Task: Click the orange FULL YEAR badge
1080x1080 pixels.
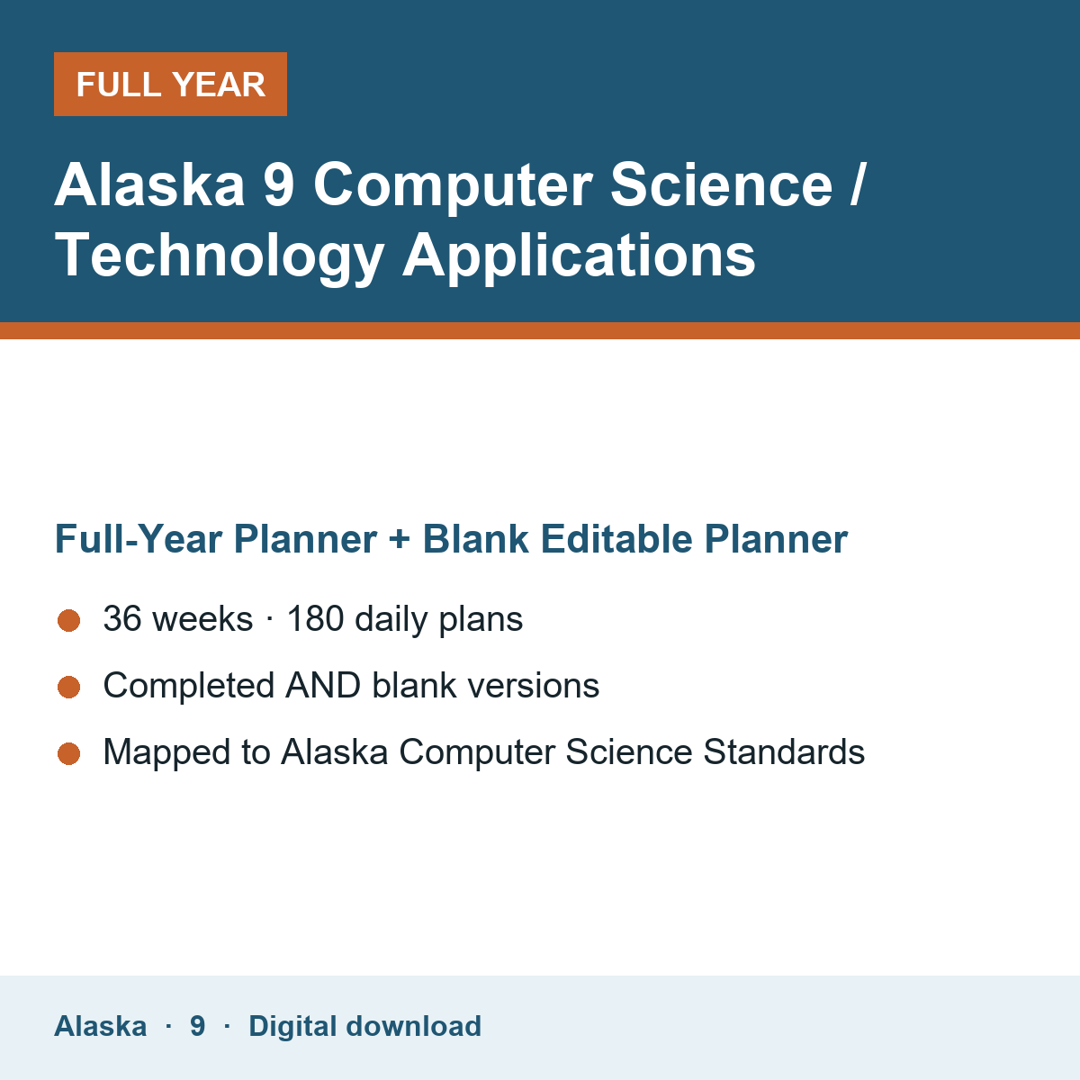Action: [170, 84]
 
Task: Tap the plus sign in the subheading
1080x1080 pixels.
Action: [399, 539]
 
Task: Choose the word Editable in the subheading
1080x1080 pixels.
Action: [616, 538]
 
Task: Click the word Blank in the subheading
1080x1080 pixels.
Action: [475, 538]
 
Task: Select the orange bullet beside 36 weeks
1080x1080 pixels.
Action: [69, 620]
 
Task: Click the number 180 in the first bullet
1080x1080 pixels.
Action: [315, 618]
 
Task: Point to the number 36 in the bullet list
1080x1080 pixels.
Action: [122, 618]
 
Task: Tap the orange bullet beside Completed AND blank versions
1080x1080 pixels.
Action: [69, 687]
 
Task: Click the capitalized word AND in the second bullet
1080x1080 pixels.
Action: [323, 685]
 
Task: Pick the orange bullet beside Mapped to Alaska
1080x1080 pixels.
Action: [69, 753]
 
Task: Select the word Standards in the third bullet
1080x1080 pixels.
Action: [784, 751]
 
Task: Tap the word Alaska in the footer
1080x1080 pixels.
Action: [100, 1026]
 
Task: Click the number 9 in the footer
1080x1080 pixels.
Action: [197, 1026]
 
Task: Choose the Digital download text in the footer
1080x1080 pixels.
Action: [364, 1026]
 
